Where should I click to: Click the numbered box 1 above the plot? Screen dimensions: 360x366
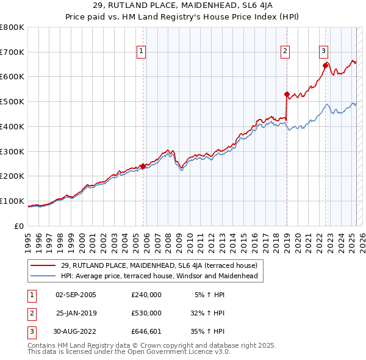coord(141,52)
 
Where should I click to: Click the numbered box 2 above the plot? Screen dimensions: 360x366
coord(285,52)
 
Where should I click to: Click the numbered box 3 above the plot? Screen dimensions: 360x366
coord(323,52)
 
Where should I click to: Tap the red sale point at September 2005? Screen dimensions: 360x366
coord(143,166)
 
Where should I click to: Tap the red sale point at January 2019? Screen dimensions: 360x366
coord(287,94)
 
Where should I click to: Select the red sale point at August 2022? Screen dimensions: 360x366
coord(325,65)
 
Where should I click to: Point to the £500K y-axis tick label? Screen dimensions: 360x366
coord(12,101)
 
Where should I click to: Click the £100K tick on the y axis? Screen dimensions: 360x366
coord(12,201)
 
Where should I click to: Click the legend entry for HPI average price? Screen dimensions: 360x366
coord(159,276)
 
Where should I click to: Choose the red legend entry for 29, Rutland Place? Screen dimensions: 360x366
coord(159,265)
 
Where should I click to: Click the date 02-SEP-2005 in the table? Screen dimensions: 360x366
coord(76,295)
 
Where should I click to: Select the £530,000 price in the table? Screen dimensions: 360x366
coord(146,313)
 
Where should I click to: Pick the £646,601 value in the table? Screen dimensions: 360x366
coord(146,331)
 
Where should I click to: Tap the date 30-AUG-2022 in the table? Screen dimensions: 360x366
coord(76,331)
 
